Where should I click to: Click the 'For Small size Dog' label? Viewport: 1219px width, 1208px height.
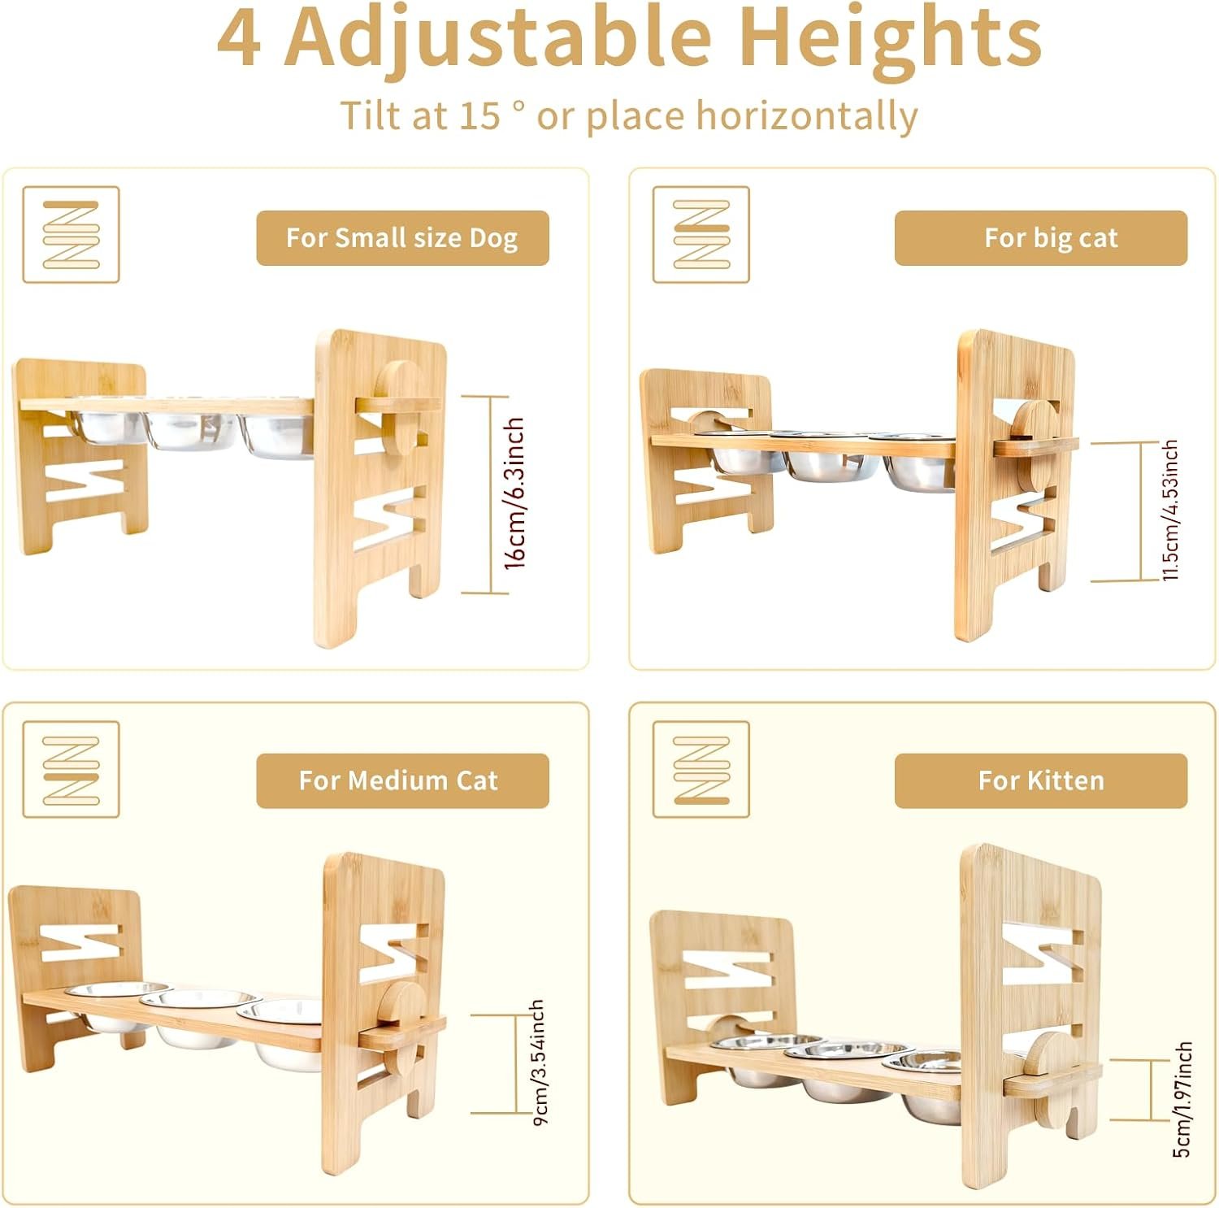pyautogui.click(x=402, y=238)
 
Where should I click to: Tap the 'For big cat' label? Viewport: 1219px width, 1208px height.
pyautogui.click(x=1040, y=238)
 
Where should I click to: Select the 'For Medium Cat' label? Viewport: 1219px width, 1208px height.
pyautogui.click(x=402, y=780)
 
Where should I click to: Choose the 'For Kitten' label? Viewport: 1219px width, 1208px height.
pyautogui.click(x=1040, y=780)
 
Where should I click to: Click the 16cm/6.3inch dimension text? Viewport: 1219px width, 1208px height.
pyautogui.click(x=514, y=493)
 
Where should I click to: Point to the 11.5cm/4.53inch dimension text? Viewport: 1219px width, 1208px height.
pyautogui.click(x=1169, y=510)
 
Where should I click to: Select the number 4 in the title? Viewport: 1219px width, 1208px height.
pyautogui.click(x=240, y=39)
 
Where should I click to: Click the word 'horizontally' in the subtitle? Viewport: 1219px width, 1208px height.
pyautogui.click(x=807, y=116)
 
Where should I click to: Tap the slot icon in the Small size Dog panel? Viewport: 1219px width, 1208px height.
pyautogui.click(x=71, y=235)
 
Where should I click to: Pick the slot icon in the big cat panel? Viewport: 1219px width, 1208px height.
pyautogui.click(x=701, y=235)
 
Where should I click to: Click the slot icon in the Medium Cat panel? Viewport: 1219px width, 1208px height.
pyautogui.click(x=71, y=769)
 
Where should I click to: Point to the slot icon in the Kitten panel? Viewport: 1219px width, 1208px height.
pyautogui.click(x=701, y=769)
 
